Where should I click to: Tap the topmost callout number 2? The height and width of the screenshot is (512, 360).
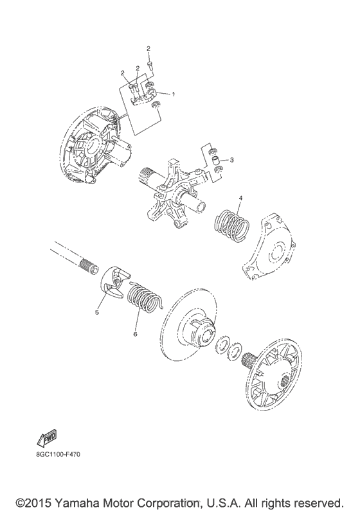(148, 49)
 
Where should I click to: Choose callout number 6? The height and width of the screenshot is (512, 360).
(135, 334)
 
